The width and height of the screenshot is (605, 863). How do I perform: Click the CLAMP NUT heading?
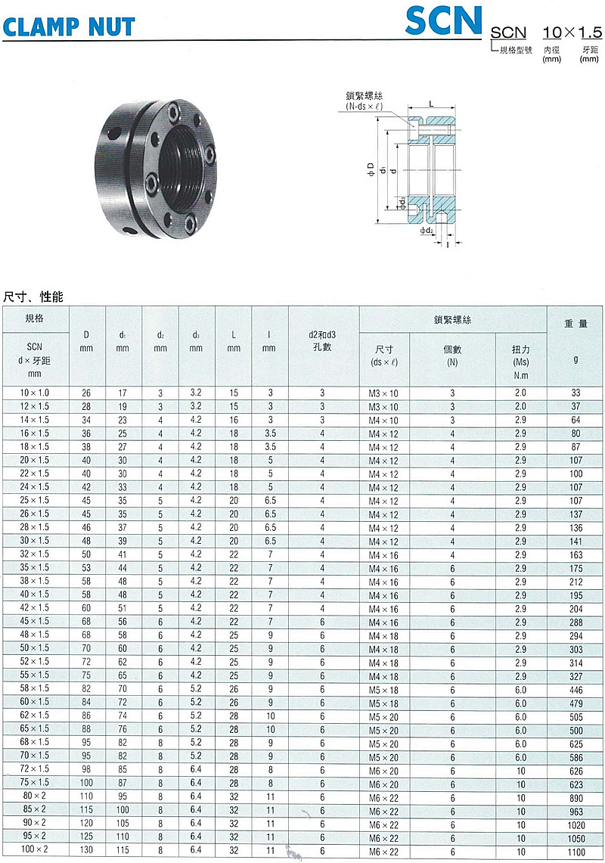click(69, 26)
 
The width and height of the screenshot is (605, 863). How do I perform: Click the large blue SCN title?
click(444, 20)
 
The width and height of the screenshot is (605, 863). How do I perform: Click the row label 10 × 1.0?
click(35, 393)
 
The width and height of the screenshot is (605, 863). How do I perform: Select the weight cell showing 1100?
click(576, 852)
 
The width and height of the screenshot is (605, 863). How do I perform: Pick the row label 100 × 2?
click(35, 849)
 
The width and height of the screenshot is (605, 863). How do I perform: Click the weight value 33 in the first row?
click(576, 393)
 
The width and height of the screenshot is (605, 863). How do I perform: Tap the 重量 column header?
click(576, 324)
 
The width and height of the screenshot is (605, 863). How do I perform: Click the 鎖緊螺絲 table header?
click(452, 320)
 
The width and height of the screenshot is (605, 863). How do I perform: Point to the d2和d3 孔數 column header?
click(323, 340)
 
